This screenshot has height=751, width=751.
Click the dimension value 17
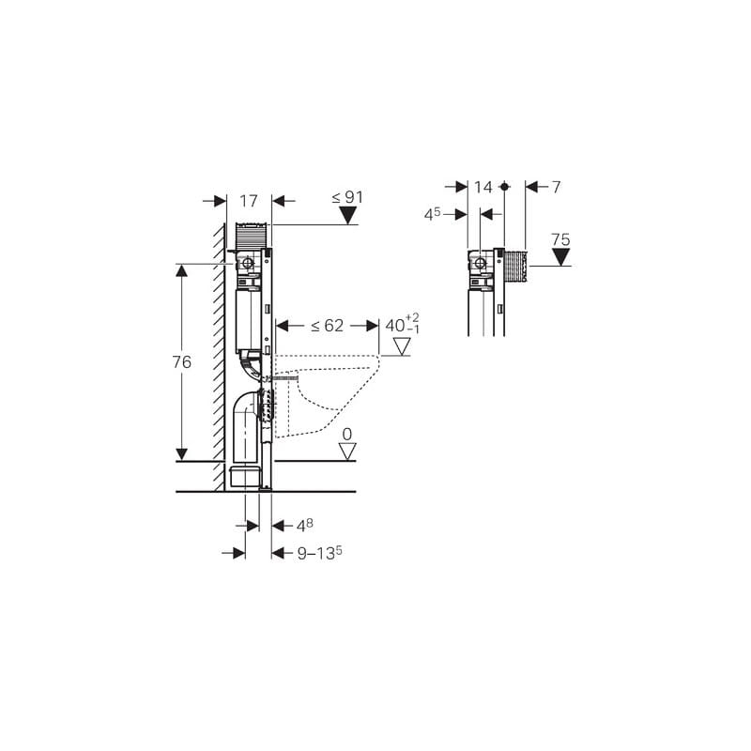coord(249,201)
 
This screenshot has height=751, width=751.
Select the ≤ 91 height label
coord(347,197)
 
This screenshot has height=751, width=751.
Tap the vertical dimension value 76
coord(181,362)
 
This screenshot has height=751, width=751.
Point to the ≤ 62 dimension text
coord(327,326)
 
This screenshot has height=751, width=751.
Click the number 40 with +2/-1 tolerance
coord(403,324)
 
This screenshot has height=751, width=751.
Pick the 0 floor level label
coord(347,435)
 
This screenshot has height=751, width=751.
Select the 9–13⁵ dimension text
coord(319,553)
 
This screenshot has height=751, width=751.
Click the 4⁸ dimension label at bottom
coord(304,526)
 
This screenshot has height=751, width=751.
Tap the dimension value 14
coord(483,187)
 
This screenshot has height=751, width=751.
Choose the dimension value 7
coord(556,187)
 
